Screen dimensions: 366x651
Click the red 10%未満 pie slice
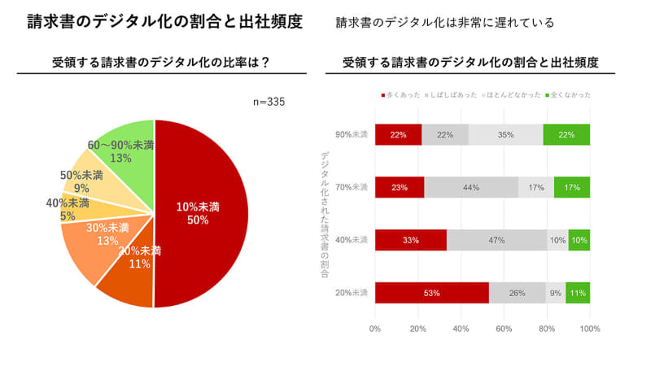[203, 213]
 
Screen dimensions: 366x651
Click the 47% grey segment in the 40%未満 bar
[496, 240]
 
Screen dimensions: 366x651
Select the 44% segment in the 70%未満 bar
[471, 187]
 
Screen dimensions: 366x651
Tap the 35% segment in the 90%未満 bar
[505, 134]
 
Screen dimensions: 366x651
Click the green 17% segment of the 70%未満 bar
[572, 187]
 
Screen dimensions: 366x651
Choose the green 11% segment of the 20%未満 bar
[578, 293]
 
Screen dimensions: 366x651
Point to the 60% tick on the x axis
[504, 329]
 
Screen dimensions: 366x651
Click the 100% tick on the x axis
[589, 329]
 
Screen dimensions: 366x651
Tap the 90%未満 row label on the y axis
[352, 134]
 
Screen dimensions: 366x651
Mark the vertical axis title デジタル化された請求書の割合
[325, 216]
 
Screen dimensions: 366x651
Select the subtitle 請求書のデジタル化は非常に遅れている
[445, 23]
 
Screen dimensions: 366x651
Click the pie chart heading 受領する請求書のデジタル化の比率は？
[161, 62]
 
